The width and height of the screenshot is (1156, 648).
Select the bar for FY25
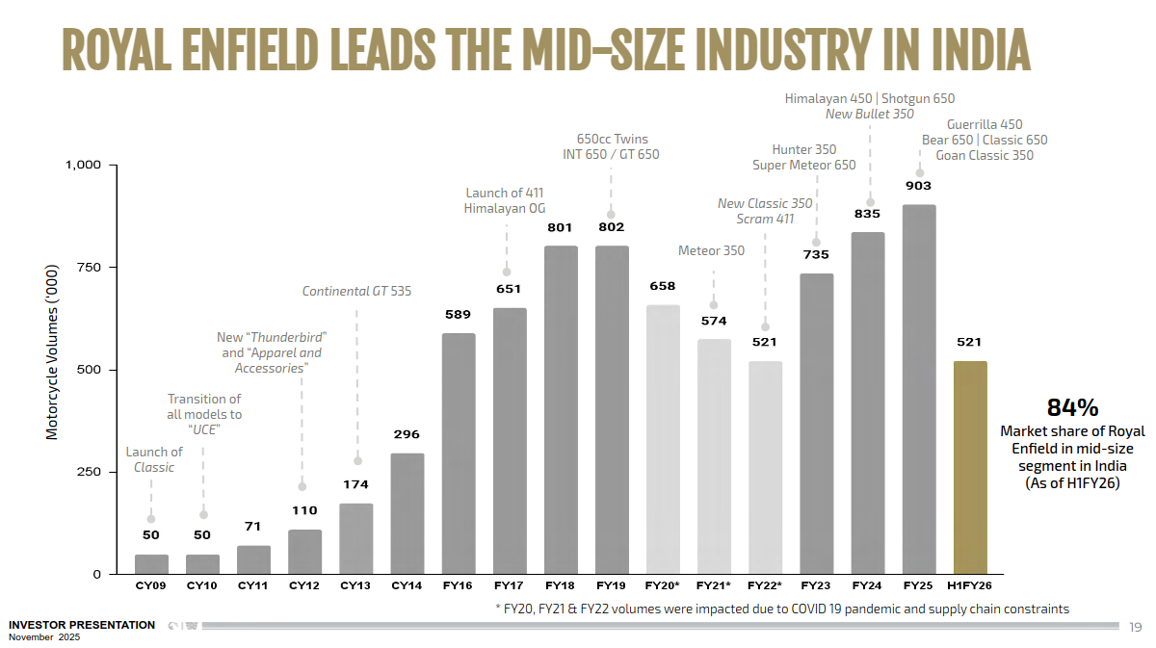tap(919, 389)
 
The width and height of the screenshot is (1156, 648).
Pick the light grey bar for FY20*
tap(663, 439)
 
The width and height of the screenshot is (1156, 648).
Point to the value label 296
tap(407, 434)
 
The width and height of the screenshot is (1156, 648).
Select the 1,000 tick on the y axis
tap(83, 165)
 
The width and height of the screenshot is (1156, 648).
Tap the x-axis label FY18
tap(560, 585)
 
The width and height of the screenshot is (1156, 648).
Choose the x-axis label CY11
tap(253, 585)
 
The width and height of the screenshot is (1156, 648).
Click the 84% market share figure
tap(1072, 407)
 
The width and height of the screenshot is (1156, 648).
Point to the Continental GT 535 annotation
tap(356, 291)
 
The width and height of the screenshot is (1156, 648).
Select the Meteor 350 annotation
tap(711, 251)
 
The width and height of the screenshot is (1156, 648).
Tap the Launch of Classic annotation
tap(153, 459)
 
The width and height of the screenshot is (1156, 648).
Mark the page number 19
tap(1134, 628)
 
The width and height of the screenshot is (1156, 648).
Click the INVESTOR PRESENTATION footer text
tap(82, 625)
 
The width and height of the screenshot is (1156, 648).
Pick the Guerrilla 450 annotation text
tap(985, 124)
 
